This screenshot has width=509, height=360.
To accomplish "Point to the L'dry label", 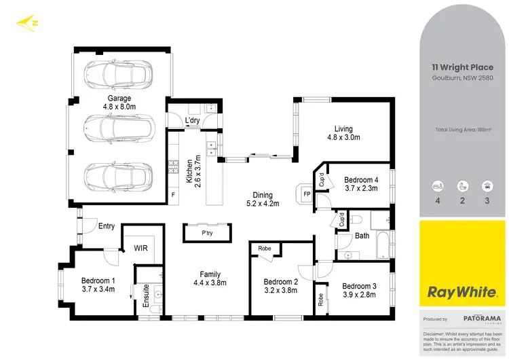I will tap(192, 122).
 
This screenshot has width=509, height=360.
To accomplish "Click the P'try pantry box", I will tap(207, 233).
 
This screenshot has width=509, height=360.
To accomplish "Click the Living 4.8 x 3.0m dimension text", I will tap(343, 137).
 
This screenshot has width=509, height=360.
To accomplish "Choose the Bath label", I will tap(362, 236).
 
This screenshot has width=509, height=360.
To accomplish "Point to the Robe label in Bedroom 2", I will tap(265, 249).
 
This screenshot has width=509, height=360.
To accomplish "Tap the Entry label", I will tap(107, 226).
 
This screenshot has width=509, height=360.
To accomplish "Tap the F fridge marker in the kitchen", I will tap(173, 195).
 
